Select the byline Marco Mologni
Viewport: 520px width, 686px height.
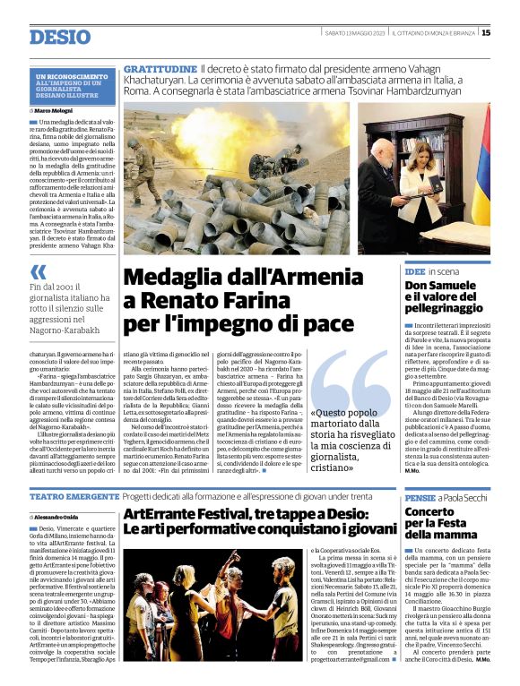pos(57,110)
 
